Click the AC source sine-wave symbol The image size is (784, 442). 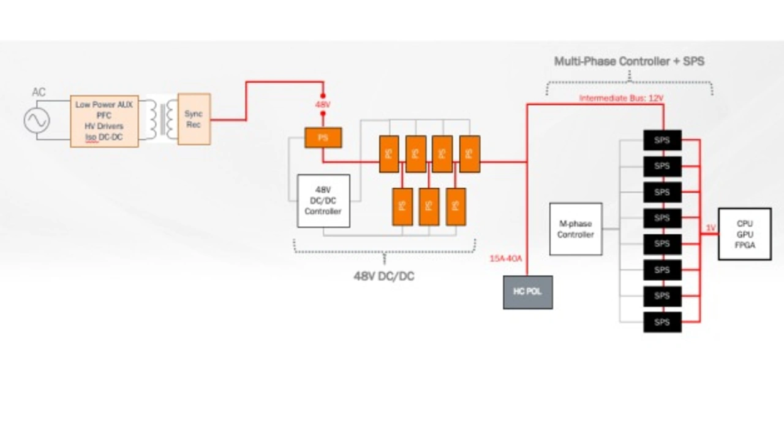37,120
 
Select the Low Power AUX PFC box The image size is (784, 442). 104,121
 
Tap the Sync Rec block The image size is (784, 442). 194,119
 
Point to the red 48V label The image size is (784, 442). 323,105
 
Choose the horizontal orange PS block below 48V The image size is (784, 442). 323,137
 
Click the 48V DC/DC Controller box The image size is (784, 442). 323,200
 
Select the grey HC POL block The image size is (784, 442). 527,292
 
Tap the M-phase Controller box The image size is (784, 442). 575,229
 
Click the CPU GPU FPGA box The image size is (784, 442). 745,234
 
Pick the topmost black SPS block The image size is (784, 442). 662,140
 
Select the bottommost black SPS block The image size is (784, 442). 662,322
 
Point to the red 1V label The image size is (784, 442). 710,228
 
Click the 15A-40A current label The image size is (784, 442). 505,258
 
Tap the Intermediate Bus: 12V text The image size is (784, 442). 621,98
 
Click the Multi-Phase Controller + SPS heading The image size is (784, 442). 629,61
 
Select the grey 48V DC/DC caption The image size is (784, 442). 383,276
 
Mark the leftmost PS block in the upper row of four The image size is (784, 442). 388,153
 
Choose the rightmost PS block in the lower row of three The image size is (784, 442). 456,207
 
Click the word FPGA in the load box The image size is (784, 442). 745,245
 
